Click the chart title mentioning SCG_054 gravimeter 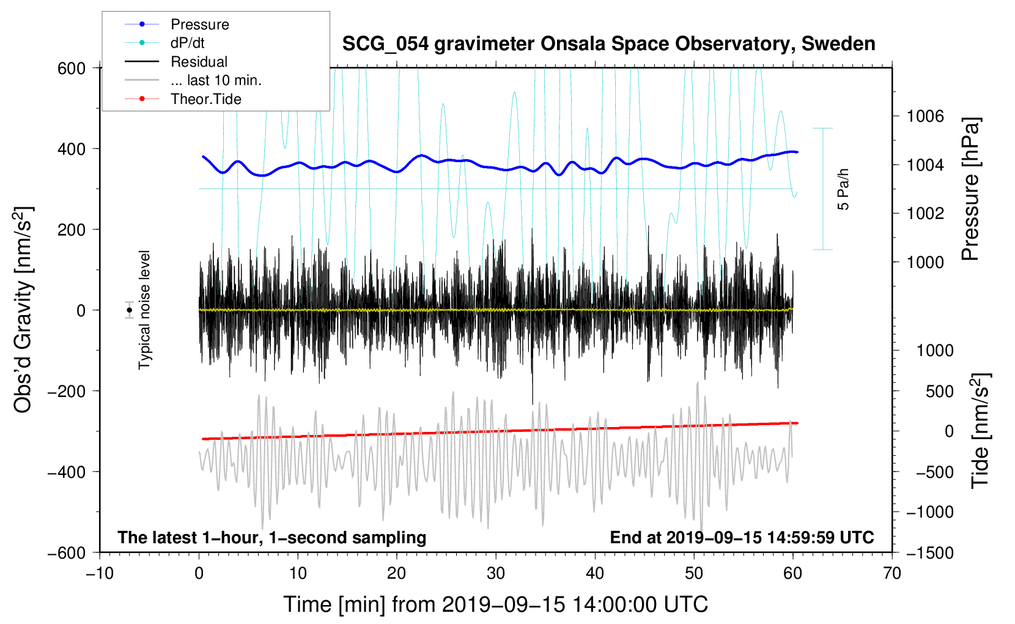(x=608, y=44)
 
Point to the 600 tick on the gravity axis (x=72, y=68)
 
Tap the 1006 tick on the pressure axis (x=925, y=116)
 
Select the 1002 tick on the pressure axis (x=925, y=214)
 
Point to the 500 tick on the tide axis (x=939, y=391)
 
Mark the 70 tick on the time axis (x=892, y=573)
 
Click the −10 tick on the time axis (x=100, y=573)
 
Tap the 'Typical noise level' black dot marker (x=130, y=310)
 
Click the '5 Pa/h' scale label (x=843, y=189)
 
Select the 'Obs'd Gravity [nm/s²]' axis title (x=23, y=310)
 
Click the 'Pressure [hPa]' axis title (x=970, y=189)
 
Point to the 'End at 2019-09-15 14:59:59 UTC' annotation (x=742, y=537)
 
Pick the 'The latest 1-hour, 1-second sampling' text (x=272, y=537)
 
